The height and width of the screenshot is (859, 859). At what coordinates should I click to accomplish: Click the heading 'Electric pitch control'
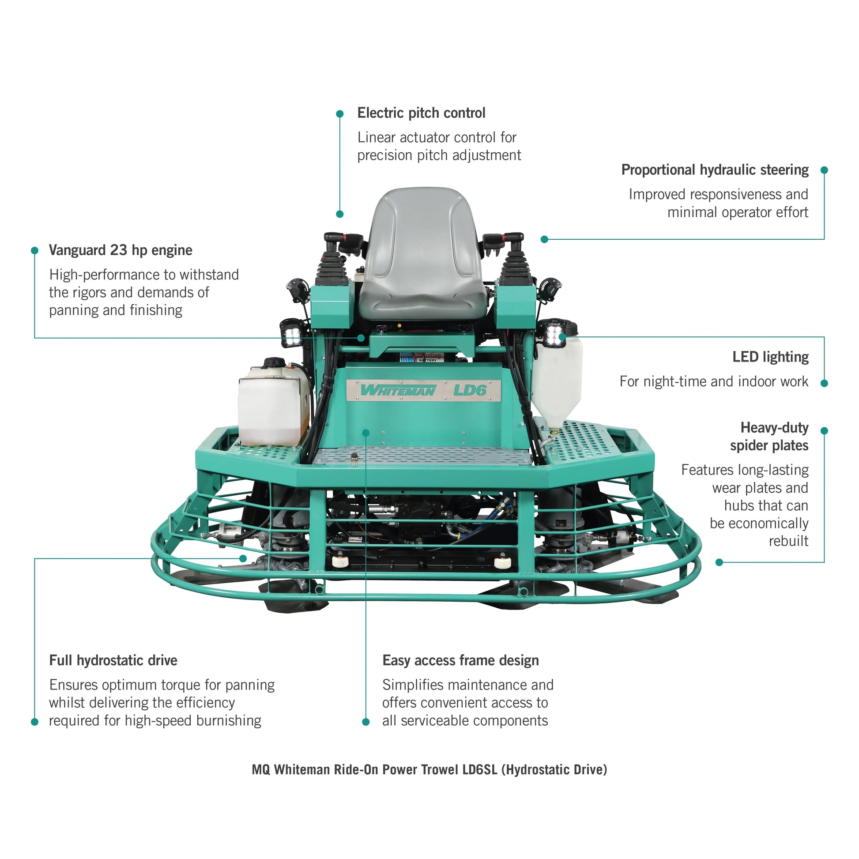421,113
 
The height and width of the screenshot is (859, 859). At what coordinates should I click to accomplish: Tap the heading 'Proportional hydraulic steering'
715,170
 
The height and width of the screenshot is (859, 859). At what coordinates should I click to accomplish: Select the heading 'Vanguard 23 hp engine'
121,250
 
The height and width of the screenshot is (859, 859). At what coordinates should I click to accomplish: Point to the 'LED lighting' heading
770,357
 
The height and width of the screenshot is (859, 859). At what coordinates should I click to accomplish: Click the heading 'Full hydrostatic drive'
113,660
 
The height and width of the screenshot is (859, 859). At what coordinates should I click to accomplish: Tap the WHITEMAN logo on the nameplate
398,390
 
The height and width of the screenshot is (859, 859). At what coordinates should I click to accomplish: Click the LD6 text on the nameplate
470,390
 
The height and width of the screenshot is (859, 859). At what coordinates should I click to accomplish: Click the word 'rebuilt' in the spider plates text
788,541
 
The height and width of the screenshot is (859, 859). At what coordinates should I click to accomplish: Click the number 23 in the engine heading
118,250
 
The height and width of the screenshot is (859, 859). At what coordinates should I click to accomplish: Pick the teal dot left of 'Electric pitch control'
340,114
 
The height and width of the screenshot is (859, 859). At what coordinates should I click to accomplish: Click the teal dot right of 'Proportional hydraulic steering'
824,170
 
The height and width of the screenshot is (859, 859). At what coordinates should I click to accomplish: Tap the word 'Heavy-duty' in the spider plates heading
774,428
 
